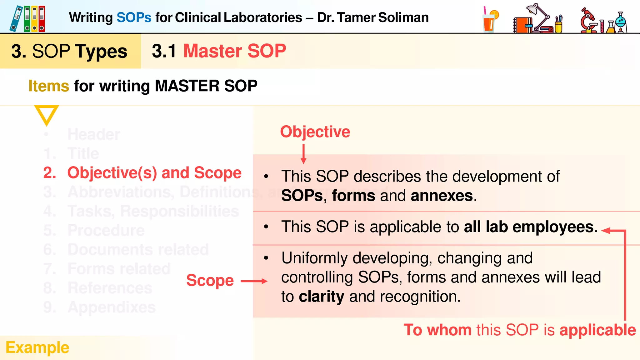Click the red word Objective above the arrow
(315, 132)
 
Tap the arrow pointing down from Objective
(303, 154)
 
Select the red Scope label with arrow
(210, 280)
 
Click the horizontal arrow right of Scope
(254, 281)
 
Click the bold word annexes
(442, 196)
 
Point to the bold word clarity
(321, 296)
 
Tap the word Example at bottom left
(37, 347)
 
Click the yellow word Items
(49, 86)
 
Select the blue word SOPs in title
(134, 17)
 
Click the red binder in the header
(42, 19)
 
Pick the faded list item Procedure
(106, 230)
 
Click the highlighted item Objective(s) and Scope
(154, 173)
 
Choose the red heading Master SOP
(234, 51)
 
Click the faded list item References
(110, 288)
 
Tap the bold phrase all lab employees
(528, 227)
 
